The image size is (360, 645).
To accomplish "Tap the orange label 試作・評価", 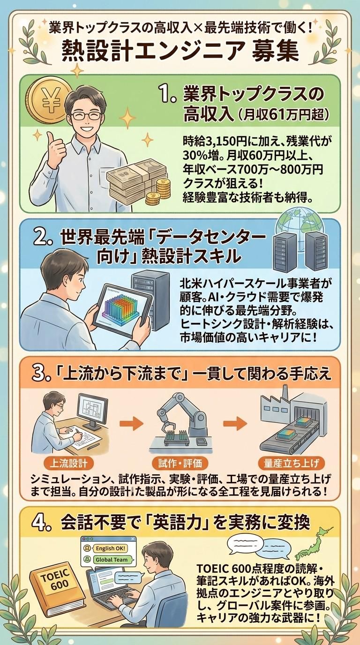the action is [180, 463].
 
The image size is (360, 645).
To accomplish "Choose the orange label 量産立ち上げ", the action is [291, 463].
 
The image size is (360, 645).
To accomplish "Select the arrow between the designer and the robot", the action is [131, 423].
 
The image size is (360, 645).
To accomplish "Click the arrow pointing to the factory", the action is [235, 423].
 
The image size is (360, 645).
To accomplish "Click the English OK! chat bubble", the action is [110, 548].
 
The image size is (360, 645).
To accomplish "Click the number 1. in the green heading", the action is [168, 96].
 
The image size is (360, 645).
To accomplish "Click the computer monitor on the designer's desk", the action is [93, 407].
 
